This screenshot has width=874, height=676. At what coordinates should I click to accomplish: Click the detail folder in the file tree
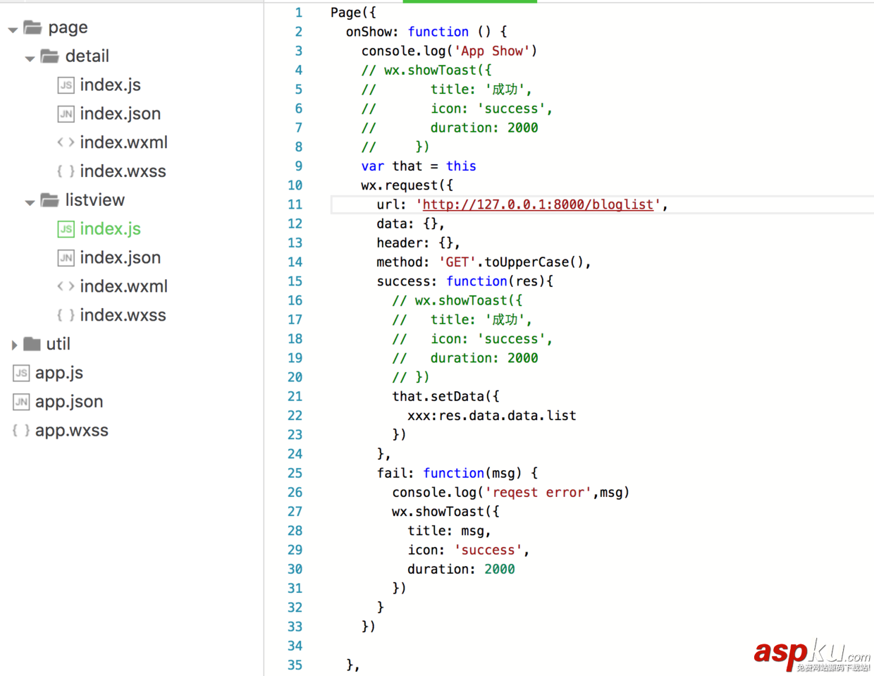(87, 56)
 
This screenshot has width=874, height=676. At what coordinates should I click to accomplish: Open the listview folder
(94, 200)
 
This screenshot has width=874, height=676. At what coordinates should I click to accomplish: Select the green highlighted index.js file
(110, 229)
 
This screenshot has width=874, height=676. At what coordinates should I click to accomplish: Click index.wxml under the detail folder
(123, 142)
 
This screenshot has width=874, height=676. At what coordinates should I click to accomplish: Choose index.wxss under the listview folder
(123, 315)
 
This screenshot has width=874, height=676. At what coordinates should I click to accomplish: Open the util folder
(58, 344)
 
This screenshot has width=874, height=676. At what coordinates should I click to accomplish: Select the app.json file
(68, 402)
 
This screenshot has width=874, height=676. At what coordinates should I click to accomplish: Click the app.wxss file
(71, 431)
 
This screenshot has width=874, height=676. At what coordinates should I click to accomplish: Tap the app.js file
(59, 373)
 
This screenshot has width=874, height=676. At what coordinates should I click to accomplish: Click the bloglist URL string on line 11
(538, 204)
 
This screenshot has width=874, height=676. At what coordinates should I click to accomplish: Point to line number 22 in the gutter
(295, 416)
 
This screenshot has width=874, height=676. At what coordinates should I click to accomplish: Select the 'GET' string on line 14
(457, 262)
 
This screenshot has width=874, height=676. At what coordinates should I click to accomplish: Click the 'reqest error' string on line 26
(538, 493)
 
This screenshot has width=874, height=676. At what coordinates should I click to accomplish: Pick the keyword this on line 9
(461, 166)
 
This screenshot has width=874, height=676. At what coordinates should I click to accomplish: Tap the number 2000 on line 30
(499, 570)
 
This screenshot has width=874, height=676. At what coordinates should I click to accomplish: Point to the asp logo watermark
(811, 653)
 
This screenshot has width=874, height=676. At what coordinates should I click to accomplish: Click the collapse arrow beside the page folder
(13, 30)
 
